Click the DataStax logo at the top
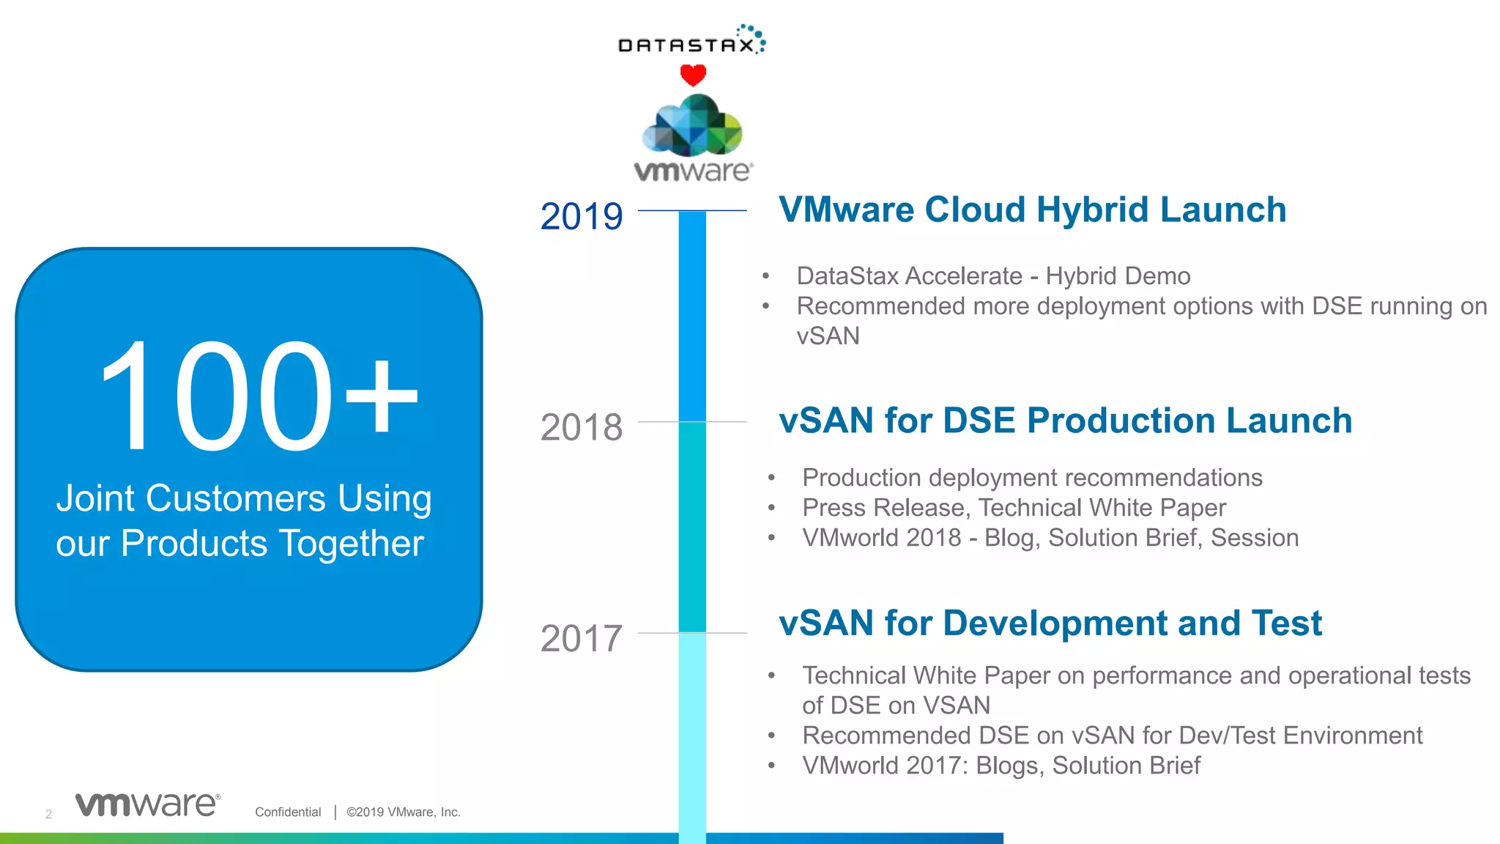691,42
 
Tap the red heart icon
693,75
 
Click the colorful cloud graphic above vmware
692,126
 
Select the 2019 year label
581,217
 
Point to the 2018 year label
581,428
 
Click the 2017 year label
581,639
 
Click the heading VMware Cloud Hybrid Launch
1032,210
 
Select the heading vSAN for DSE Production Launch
1065,421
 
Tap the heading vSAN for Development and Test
1050,623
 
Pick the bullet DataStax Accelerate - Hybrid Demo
992,276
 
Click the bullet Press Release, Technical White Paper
1013,508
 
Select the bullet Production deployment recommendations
1031,478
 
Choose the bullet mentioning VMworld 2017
1000,766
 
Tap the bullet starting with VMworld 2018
1050,538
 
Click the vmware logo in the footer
147,804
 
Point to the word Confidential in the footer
288,812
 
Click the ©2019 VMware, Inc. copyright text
403,812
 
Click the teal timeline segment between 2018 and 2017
692,527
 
